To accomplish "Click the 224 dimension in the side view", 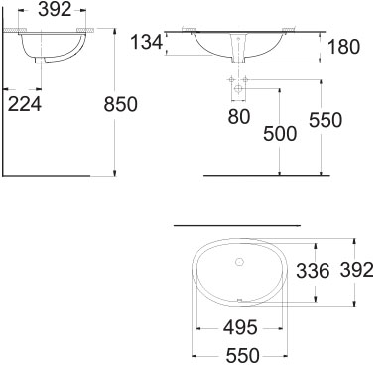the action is point(25,104).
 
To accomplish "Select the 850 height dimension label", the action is point(120,104).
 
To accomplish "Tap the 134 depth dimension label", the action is point(147,43).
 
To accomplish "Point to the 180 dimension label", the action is point(343,47).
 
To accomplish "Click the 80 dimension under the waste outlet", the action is point(239,117).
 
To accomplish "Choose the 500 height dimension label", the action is point(280,134).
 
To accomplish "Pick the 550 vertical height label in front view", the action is point(326,120).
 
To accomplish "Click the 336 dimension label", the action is point(313,271).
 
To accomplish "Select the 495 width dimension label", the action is point(240,328).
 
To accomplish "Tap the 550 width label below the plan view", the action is point(243,356).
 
